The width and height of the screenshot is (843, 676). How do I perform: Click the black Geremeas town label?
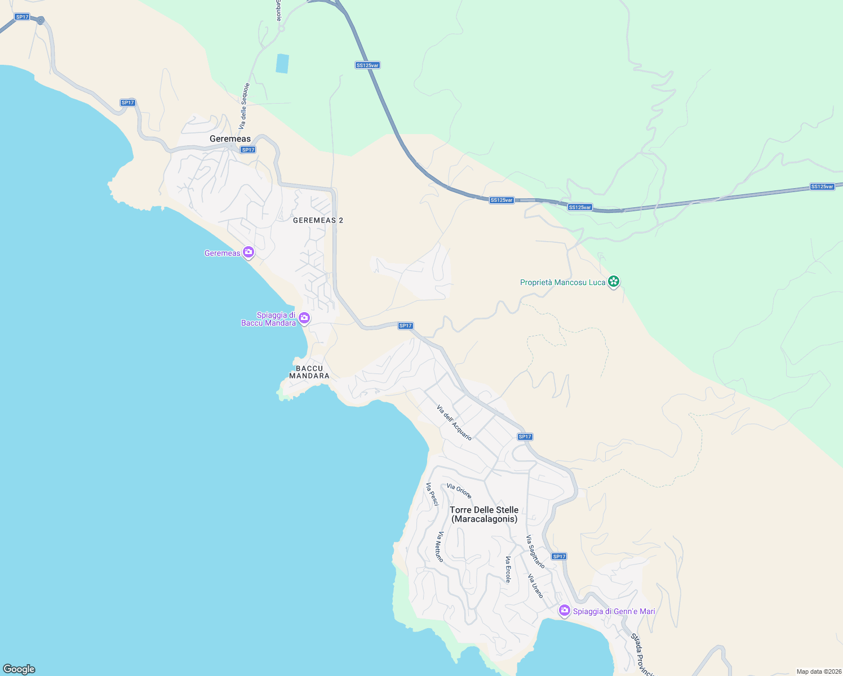[230, 139]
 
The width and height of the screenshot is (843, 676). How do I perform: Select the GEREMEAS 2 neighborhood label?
[318, 220]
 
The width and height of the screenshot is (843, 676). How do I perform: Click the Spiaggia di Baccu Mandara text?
[269, 319]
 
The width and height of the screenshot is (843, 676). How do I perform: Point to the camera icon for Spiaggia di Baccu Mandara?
[304, 318]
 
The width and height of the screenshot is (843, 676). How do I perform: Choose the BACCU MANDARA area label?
[309, 372]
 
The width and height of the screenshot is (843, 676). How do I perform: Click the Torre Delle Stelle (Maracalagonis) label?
[484, 514]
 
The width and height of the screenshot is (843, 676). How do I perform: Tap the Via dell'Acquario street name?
[454, 422]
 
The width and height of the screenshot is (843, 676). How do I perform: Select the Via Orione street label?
[459, 491]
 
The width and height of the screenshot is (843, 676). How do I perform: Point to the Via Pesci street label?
[432, 494]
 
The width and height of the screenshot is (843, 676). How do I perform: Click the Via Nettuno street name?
[440, 546]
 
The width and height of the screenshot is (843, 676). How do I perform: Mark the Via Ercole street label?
[508, 570]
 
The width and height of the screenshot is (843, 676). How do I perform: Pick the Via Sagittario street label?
[535, 552]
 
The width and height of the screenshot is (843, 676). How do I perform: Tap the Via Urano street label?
[535, 586]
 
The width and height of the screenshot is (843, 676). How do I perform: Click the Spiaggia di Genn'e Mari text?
[614, 611]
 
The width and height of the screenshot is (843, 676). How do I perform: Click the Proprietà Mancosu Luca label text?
[562, 282]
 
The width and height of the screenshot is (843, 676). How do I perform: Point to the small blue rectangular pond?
[282, 63]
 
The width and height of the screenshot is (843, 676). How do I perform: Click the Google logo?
[19, 669]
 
